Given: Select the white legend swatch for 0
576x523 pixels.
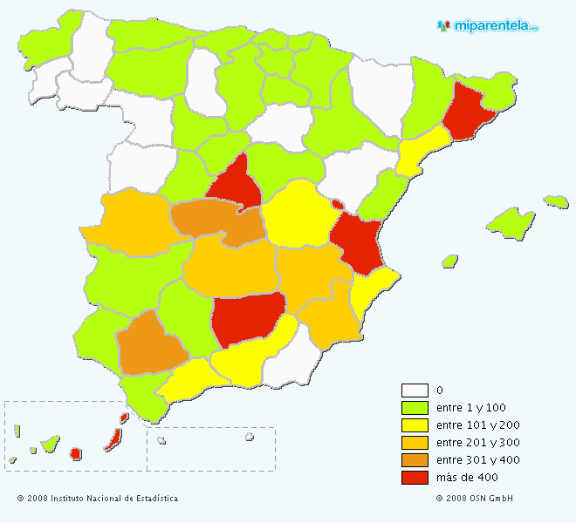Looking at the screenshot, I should [415, 391].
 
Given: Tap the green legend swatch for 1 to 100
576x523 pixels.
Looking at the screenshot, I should [415, 408].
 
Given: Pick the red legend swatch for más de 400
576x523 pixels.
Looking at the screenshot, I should [415, 478].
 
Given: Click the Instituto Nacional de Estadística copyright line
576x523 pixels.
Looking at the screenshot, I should [98, 499].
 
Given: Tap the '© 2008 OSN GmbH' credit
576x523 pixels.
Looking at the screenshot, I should [475, 499].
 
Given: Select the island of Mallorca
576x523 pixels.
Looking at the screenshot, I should [511, 223].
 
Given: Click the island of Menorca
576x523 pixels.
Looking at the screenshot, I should [556, 201].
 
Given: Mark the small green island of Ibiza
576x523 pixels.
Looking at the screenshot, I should [450, 260].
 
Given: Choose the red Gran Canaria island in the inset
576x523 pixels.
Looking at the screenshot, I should [76, 453].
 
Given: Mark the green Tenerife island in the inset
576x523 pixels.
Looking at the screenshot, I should [51, 444].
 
